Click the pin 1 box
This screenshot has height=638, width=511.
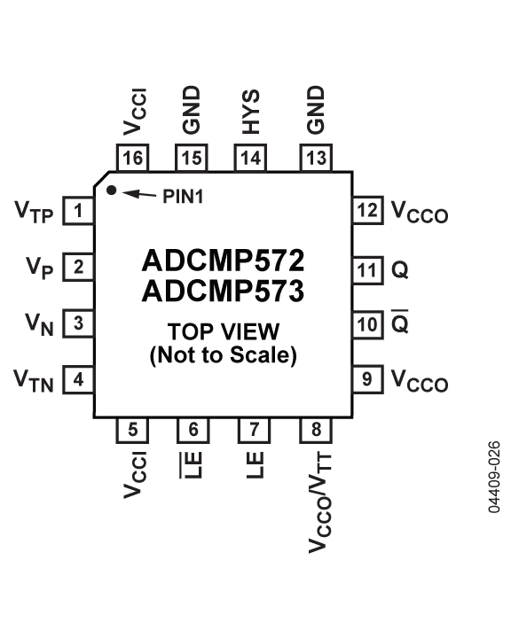click(78, 210)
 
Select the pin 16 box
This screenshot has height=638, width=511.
click(132, 158)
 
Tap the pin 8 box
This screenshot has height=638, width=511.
click(316, 430)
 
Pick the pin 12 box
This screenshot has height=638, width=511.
click(368, 210)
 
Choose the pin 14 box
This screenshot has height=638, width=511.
click(250, 158)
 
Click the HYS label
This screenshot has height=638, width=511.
click(250, 112)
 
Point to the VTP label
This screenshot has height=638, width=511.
click(34, 212)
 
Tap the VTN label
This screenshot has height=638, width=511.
click(34, 381)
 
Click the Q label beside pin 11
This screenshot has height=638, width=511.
click(400, 269)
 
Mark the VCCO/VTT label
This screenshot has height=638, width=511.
click(320, 503)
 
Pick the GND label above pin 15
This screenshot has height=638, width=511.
click(191, 110)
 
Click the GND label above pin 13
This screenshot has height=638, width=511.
click(316, 110)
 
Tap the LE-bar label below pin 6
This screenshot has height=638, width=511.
click(191, 465)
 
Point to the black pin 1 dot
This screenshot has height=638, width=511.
click(111, 190)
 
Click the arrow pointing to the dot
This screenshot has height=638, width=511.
click(139, 194)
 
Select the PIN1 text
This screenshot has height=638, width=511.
click(183, 197)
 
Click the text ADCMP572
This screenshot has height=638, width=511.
click(223, 261)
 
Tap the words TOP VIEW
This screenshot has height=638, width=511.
click(224, 331)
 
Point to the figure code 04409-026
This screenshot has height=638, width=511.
click(494, 477)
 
